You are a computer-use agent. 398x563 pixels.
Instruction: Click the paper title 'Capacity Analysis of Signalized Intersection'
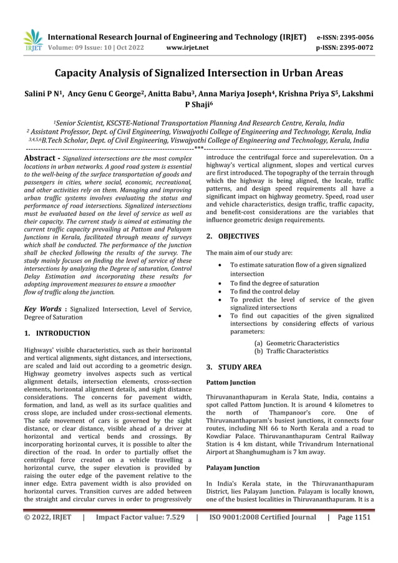pyautogui.click(x=199, y=74)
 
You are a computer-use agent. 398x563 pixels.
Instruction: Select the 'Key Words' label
pyautogui.click(x=42, y=308)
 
